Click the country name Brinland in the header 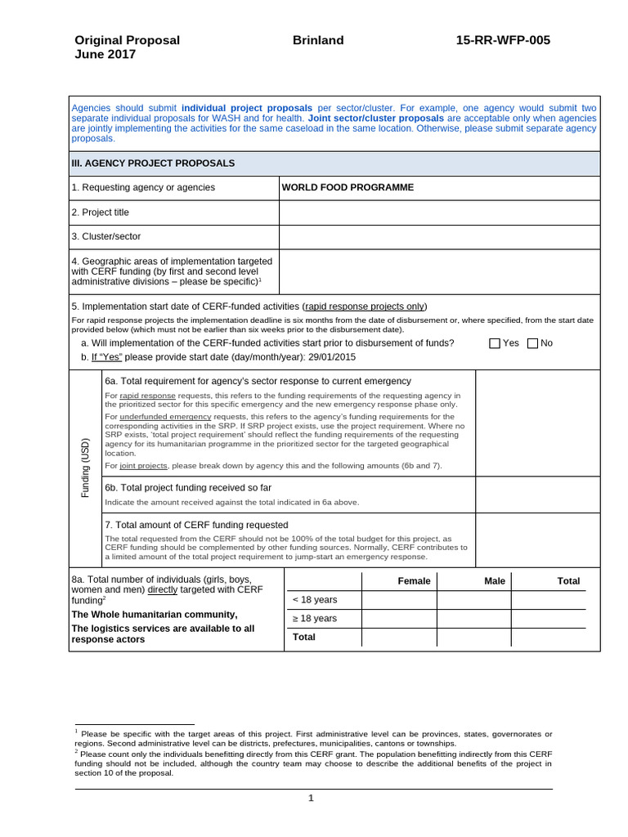tap(317, 40)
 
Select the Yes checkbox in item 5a tap(495, 343)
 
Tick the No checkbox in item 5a tap(533, 343)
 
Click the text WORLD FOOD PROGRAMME tap(348, 187)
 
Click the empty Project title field tap(439, 213)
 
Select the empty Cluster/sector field tap(439, 237)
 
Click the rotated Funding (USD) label tap(85, 468)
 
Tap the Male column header tap(495, 581)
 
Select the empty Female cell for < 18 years tap(399, 600)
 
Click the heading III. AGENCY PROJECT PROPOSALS tap(153, 163)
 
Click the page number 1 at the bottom tap(311, 799)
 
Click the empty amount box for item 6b tap(537, 494)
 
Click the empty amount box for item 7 tap(537, 539)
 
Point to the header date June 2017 tap(105, 55)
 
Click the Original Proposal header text tap(127, 40)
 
